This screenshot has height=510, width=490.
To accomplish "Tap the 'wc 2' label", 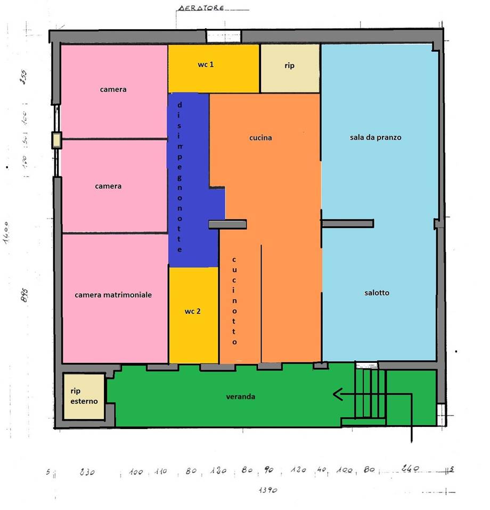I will (x=192, y=311).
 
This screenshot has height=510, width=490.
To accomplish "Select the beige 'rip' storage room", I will (x=289, y=67).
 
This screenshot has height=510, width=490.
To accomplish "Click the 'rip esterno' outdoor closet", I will (x=84, y=396).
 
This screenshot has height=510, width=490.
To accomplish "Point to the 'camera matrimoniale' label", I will (x=113, y=295).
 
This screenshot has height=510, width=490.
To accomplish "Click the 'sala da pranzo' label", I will (x=375, y=137).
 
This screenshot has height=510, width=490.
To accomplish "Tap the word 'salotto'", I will (x=377, y=293).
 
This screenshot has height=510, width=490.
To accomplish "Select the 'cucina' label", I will (x=260, y=137).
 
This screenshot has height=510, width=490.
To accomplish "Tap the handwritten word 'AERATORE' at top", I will (x=201, y=9).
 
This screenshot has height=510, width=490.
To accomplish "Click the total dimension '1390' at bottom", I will (x=268, y=490).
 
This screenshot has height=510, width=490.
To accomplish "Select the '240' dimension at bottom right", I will (x=410, y=469).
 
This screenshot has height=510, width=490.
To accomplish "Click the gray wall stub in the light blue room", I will (x=347, y=223).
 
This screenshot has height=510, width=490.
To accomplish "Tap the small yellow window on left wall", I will (x=56, y=140).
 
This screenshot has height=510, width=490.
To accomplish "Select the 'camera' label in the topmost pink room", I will (x=113, y=89).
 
